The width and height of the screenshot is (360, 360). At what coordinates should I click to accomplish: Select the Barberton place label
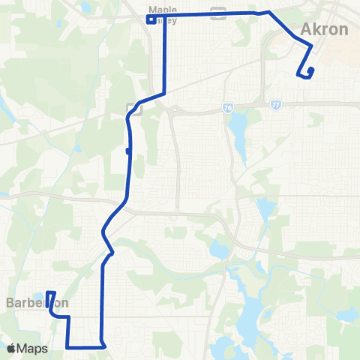pos(37,303)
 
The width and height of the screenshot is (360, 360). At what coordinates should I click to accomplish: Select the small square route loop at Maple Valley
pos(151,19)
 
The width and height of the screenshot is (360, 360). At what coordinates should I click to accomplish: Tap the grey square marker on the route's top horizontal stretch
pos(218,11)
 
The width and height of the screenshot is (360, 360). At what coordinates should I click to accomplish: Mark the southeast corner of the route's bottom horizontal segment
pos(103,346)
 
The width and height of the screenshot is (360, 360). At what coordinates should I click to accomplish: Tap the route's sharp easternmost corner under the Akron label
pos(311,46)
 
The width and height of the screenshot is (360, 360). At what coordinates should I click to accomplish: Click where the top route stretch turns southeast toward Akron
pos(268,13)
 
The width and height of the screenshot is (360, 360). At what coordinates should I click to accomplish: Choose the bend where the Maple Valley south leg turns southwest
pos(163,91)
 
